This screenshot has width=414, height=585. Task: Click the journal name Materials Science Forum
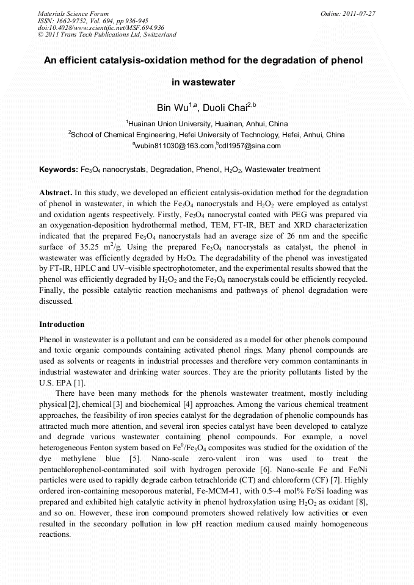(x=73, y=13)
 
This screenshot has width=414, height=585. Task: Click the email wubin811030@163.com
(x=175, y=146)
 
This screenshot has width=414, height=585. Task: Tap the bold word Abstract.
(x=56, y=192)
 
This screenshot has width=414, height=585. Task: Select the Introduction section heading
(x=62, y=324)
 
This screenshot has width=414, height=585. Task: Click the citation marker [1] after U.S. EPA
(x=79, y=382)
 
